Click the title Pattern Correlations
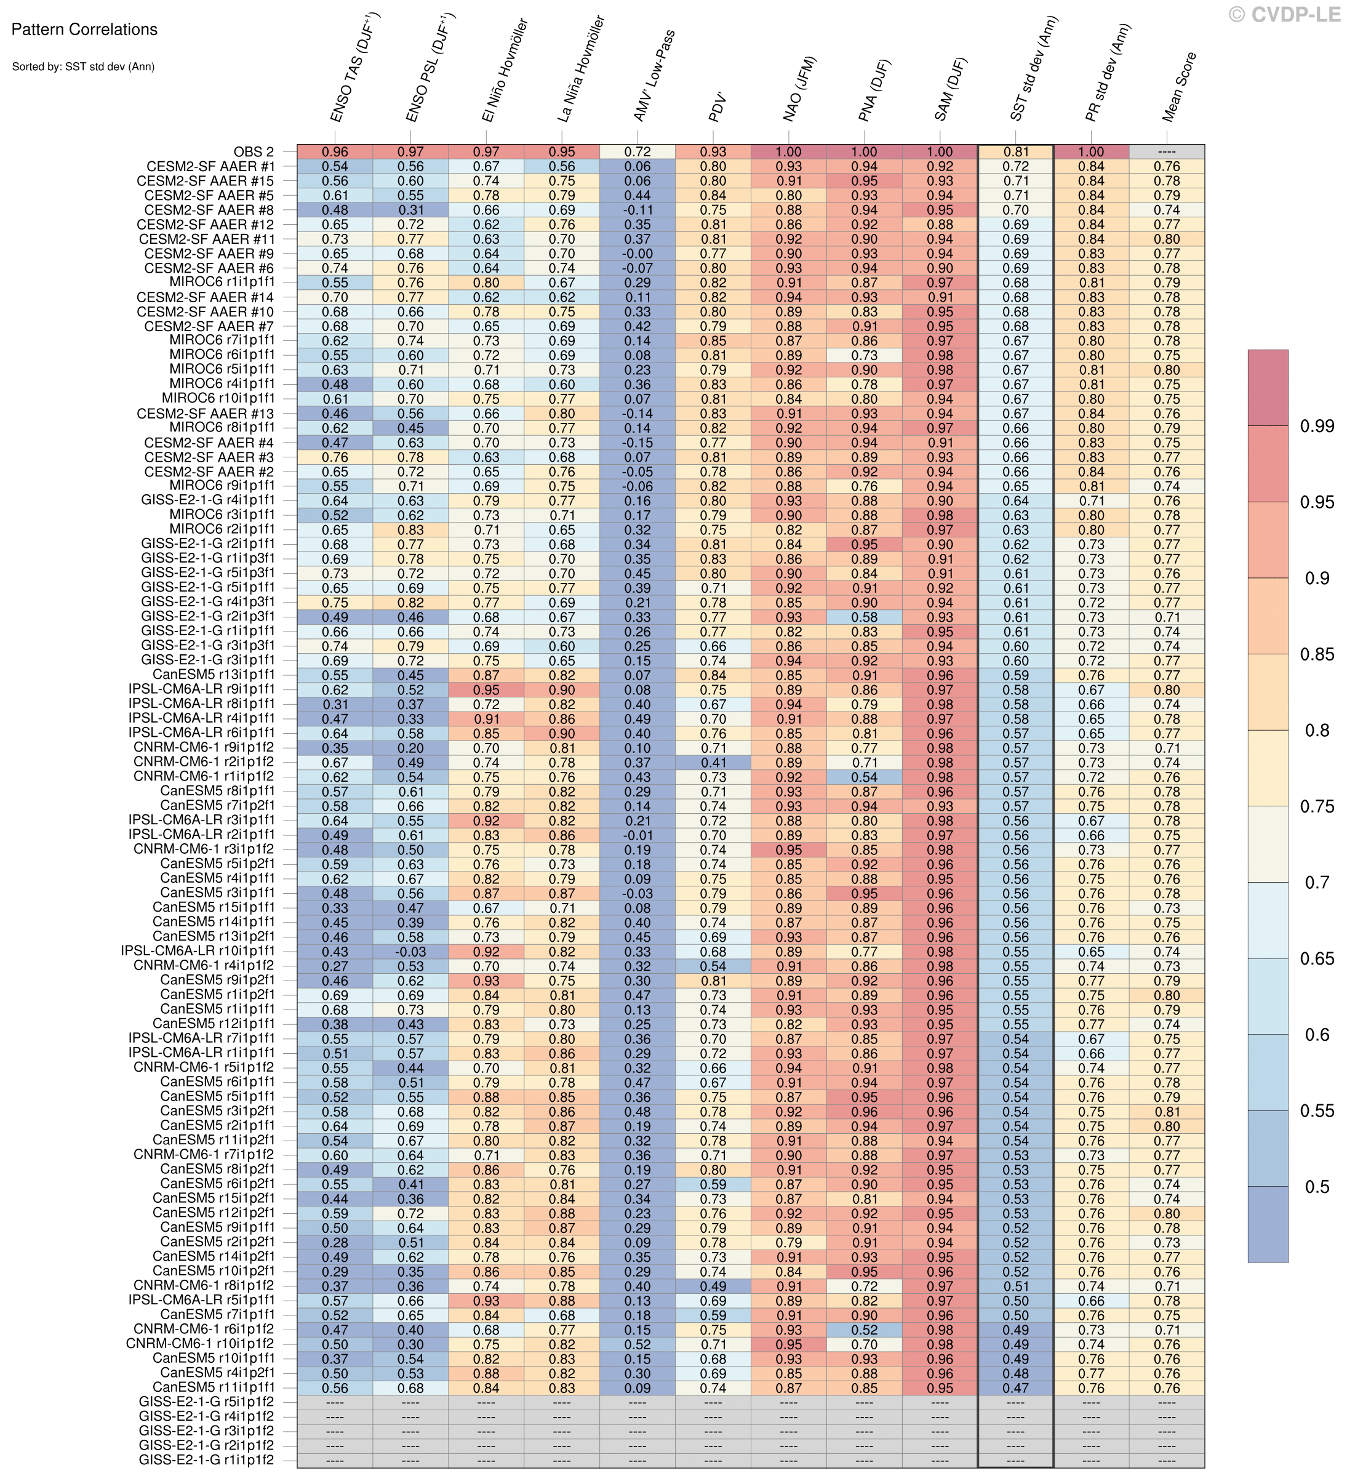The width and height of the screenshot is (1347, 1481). point(84,30)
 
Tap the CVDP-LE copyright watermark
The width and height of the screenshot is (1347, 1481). point(1285,14)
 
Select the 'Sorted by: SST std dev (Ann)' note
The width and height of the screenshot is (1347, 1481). point(83,67)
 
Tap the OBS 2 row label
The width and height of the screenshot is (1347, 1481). point(254,152)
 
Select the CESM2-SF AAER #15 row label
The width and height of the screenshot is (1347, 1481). point(206,181)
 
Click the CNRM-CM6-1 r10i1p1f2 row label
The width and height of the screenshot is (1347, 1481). point(200,1344)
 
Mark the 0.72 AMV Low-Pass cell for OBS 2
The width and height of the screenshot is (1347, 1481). point(637,152)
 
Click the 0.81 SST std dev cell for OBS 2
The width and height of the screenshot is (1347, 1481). point(1016,152)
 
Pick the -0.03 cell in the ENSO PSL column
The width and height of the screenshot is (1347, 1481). point(410,952)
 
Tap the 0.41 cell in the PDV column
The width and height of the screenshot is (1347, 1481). point(713,763)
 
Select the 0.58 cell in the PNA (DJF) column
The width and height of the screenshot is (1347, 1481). point(865,617)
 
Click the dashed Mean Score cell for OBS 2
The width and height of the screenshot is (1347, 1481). point(1167,152)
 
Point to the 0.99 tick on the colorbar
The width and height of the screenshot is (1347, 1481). point(1317,426)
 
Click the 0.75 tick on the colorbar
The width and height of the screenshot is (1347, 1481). point(1317,806)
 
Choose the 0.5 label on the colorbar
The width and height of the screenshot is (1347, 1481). point(1317,1186)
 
